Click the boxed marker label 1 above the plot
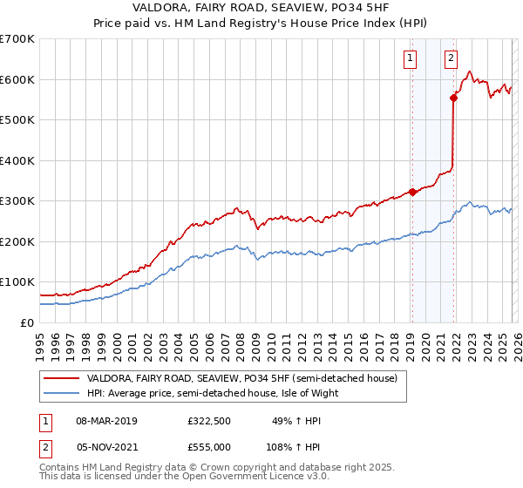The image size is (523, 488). coord(410,58)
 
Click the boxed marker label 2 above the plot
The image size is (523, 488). coord(451,58)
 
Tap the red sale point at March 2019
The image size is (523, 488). coord(412,193)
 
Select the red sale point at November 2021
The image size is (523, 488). coord(453,98)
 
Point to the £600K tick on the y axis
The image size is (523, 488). coord(17,79)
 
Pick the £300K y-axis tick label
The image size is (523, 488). coord(17,201)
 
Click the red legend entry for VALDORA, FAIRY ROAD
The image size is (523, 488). coord(241,378)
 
